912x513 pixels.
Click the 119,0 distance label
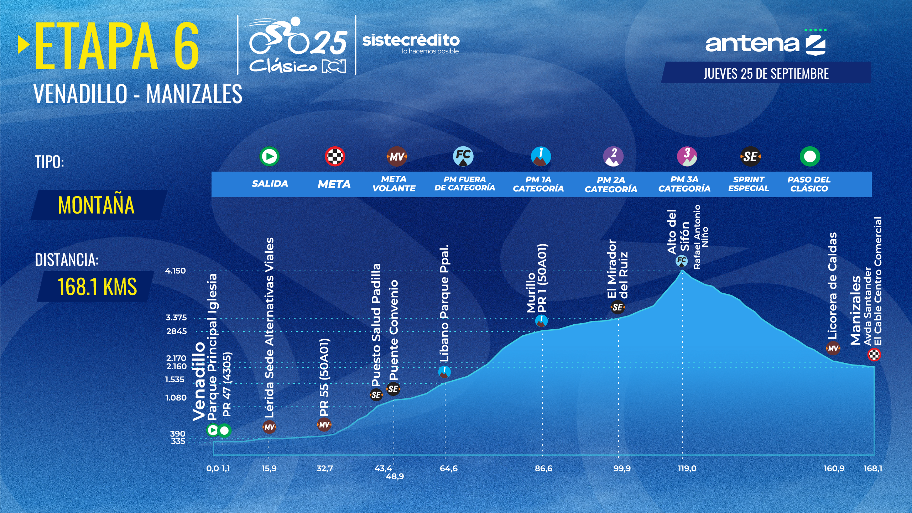687,468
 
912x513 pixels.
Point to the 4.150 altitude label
175,271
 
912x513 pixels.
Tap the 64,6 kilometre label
449,468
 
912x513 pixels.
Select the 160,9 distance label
834,468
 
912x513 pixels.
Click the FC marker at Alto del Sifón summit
682,261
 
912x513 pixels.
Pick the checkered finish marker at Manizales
874,355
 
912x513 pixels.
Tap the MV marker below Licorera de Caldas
833,348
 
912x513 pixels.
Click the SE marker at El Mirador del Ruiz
617,307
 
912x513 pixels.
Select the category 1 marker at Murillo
542,320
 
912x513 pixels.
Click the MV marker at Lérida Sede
269,427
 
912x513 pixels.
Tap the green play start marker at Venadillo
213,430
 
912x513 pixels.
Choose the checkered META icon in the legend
335,156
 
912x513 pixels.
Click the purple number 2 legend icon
613,156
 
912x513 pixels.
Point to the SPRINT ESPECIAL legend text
749,184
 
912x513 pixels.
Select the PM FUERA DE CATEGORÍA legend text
464,184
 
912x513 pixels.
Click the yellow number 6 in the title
187,46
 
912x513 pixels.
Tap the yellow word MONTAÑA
96,205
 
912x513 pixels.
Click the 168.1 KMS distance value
97,287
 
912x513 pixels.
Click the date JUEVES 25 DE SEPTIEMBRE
766,73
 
